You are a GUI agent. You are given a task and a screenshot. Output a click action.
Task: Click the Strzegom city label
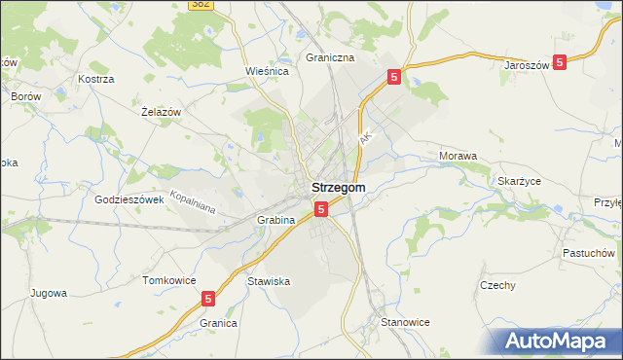(338, 188)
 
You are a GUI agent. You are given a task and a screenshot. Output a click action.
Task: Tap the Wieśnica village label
(270, 71)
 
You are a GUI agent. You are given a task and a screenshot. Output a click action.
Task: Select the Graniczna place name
(330, 57)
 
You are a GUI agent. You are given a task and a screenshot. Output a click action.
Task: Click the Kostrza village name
(96, 78)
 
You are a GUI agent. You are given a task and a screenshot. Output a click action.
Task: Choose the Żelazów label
(162, 113)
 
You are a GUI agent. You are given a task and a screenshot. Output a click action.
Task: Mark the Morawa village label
(458, 156)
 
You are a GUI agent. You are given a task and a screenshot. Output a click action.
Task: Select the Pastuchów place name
(588, 253)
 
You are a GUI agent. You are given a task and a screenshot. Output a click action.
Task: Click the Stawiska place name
(269, 281)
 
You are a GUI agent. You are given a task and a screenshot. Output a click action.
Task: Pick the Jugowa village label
(48, 293)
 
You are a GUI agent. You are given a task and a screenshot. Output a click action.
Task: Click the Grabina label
(275, 220)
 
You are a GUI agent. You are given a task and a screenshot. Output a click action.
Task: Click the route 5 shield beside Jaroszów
(560, 62)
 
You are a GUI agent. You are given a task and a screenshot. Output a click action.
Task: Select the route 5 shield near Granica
(208, 301)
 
